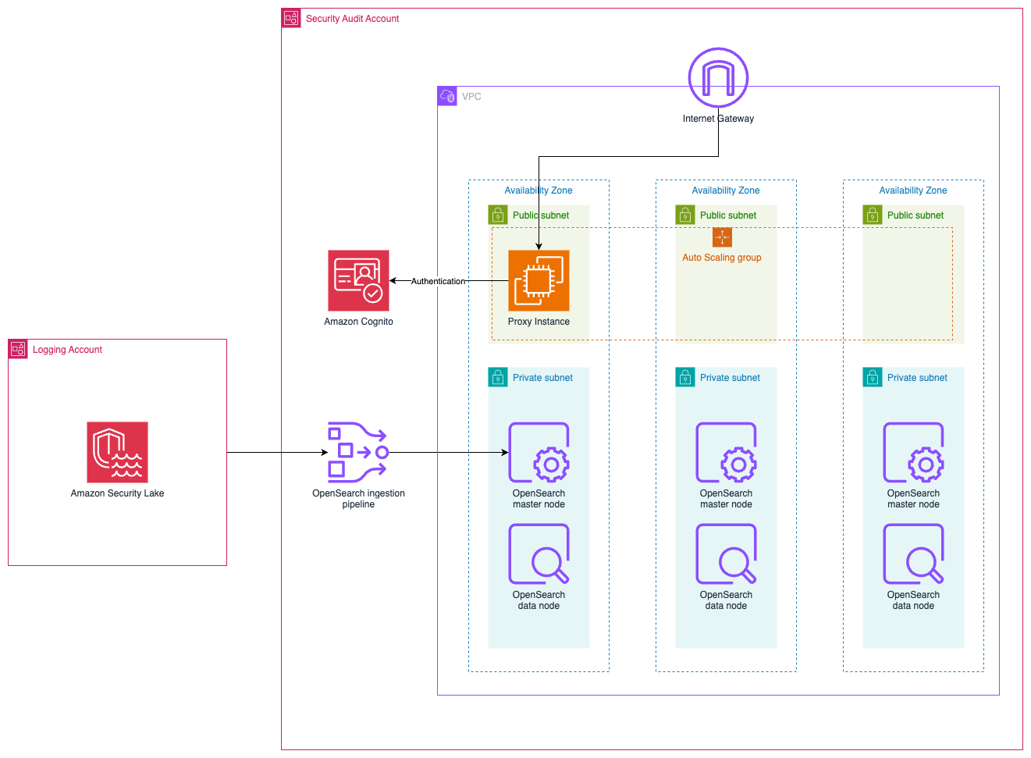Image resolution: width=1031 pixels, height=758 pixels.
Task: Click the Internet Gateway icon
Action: (x=718, y=78)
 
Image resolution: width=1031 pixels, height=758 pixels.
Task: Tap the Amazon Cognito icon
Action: (x=358, y=280)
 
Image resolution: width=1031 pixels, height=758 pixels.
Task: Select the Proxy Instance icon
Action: (x=539, y=280)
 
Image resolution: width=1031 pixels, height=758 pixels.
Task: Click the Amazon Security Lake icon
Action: (x=117, y=452)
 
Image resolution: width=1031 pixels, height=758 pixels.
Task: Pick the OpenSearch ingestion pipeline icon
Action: (x=358, y=452)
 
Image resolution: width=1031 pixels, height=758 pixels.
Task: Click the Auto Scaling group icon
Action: (x=722, y=237)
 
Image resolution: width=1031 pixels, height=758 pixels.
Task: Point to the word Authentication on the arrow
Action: (x=438, y=281)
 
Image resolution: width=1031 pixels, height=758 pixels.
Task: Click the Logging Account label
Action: (x=67, y=350)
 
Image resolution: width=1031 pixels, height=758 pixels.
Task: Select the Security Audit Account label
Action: (x=352, y=19)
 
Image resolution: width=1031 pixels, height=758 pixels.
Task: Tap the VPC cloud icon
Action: (x=447, y=96)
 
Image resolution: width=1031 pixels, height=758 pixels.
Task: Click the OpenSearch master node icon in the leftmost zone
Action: (x=539, y=453)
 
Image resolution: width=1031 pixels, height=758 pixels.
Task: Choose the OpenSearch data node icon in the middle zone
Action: (x=726, y=554)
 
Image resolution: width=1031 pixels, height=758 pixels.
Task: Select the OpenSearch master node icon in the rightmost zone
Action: (x=913, y=453)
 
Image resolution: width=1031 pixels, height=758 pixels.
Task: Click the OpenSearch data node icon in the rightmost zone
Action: (x=913, y=554)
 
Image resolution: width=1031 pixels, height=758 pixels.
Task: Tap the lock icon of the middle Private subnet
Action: (x=685, y=378)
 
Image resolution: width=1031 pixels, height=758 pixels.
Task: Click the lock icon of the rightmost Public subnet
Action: (x=873, y=215)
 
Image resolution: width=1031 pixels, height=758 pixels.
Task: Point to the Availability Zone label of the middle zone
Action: (x=726, y=190)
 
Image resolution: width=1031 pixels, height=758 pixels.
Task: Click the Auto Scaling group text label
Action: (x=722, y=258)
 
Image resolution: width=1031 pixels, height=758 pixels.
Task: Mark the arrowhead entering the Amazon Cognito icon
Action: (x=393, y=280)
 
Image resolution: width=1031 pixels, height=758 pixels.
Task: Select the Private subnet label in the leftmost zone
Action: (x=542, y=378)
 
